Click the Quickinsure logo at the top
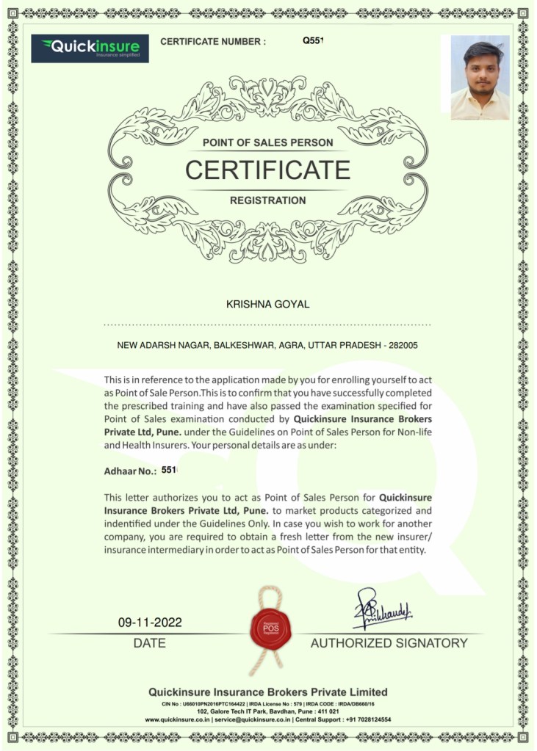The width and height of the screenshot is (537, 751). [90, 48]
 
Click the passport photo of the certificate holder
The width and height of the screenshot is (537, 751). [480, 78]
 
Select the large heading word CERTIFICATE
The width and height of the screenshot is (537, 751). [267, 170]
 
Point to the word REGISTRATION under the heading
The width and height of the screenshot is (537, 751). [267, 200]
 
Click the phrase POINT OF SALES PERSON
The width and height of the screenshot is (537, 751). [267, 142]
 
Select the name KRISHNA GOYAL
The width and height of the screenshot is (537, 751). [268, 304]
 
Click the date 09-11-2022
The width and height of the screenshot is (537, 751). [150, 623]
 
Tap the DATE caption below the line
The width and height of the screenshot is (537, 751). [150, 643]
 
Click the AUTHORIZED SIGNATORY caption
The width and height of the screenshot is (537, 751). [389, 643]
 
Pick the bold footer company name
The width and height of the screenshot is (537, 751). [267, 692]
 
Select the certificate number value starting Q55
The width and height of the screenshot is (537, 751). [313, 41]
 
